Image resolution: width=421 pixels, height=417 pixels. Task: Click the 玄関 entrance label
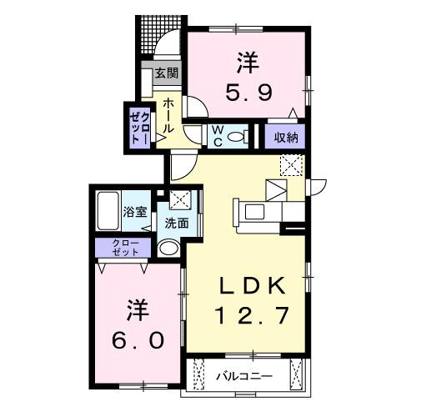[x=166, y=73]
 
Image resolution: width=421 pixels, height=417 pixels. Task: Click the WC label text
[x=215, y=136]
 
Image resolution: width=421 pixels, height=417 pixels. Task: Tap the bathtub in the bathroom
[x=108, y=214]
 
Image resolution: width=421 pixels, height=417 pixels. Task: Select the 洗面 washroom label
[x=176, y=223]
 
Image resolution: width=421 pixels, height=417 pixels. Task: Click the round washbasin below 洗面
[x=169, y=249]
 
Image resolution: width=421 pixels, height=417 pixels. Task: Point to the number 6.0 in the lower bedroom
[x=140, y=340]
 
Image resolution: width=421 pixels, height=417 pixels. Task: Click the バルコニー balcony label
[x=244, y=376]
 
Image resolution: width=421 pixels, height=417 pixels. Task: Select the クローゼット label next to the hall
[x=139, y=127]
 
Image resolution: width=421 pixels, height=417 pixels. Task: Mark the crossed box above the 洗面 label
[x=180, y=200]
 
